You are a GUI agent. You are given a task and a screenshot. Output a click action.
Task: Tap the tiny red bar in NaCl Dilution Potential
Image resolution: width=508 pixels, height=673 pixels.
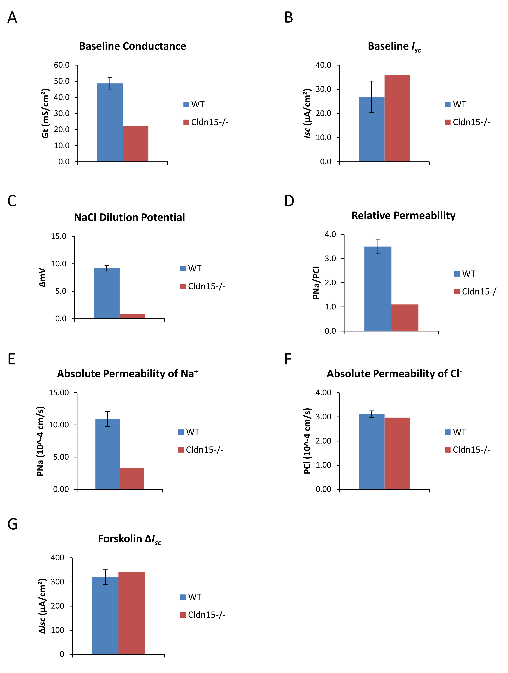[x=132, y=316]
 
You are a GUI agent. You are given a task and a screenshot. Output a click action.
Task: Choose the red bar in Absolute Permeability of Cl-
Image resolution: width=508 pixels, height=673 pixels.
[x=397, y=453]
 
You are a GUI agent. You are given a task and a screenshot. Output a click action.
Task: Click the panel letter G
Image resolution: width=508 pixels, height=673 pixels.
[x=13, y=524]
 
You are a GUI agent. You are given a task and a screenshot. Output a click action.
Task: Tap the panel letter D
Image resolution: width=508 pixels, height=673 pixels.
[x=289, y=201]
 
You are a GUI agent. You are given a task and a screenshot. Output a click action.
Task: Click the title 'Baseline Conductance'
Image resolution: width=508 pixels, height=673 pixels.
[x=132, y=46]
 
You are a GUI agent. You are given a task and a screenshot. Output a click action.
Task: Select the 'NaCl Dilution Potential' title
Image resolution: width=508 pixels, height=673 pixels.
[x=129, y=217]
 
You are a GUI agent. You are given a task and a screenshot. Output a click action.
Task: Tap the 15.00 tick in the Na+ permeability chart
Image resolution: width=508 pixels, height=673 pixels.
[x=59, y=393]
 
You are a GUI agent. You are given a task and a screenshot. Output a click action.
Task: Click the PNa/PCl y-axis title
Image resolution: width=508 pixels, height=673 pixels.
[x=316, y=283]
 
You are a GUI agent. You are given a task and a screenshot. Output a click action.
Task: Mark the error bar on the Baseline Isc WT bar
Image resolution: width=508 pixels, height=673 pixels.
[x=372, y=97]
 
